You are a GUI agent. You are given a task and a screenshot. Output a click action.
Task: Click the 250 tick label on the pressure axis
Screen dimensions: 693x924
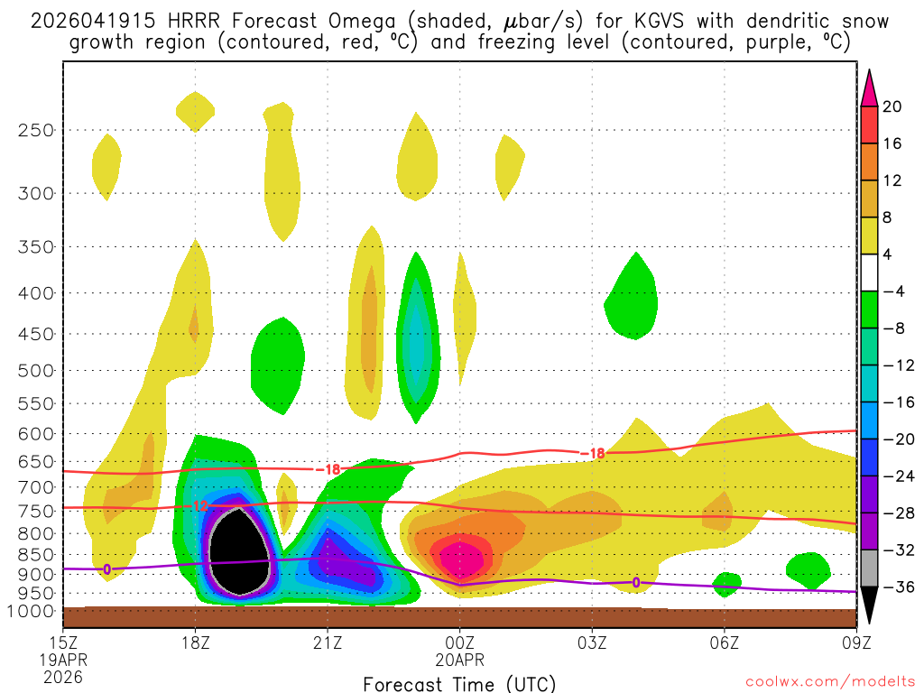(x=36, y=130)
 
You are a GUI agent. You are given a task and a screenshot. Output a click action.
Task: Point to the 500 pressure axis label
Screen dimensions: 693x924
(x=36, y=370)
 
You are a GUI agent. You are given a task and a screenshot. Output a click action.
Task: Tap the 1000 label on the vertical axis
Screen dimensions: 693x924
(x=32, y=611)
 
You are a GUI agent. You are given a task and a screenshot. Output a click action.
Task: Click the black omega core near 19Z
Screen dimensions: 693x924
(x=239, y=552)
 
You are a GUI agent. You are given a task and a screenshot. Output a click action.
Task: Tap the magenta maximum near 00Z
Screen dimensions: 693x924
(x=461, y=558)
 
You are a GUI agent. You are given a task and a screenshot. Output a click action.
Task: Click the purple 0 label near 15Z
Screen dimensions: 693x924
(x=107, y=569)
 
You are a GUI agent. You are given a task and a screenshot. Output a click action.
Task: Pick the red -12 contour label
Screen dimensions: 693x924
(x=200, y=506)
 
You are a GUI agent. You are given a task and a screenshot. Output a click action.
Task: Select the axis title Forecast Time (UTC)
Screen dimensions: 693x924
(x=459, y=683)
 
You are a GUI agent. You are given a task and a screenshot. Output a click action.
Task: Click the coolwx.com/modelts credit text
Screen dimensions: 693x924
(x=830, y=680)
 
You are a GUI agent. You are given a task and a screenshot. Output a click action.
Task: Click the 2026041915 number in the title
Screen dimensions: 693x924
(x=82, y=21)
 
